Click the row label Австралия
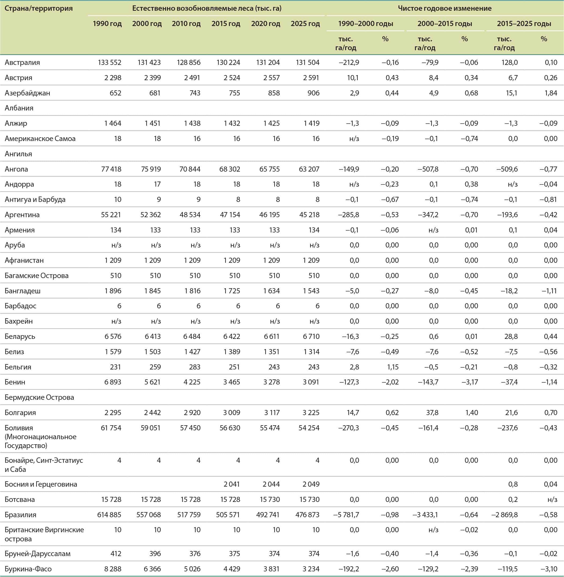(22, 62)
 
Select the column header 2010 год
(186, 24)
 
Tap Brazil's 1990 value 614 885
(109, 515)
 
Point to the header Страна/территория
(39, 8)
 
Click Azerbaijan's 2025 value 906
(313, 93)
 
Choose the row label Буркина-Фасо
(28, 569)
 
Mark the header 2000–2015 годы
(445, 24)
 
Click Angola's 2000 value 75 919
(150, 169)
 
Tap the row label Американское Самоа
(40, 139)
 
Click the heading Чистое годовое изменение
(444, 8)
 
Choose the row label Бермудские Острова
(39, 397)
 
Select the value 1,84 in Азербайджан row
(551, 93)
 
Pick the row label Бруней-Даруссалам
(38, 554)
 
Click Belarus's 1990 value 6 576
(113, 336)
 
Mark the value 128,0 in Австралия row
(510, 62)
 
